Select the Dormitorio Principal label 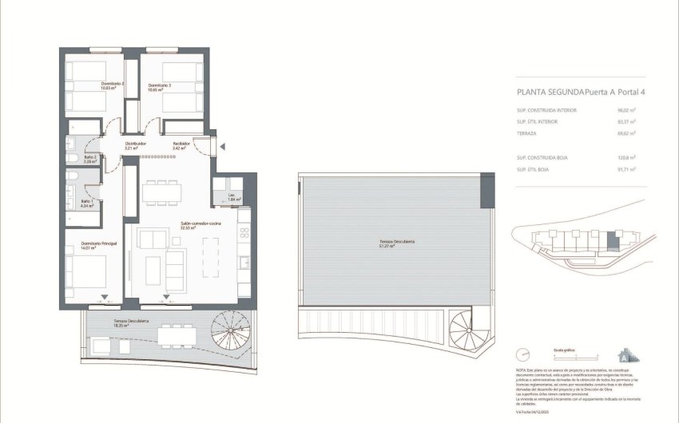100,245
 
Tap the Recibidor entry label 180,145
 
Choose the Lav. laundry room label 217,197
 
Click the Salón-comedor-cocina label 200,225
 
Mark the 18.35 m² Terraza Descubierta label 106,322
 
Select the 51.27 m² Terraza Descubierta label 391,243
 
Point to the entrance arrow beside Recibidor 223,146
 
